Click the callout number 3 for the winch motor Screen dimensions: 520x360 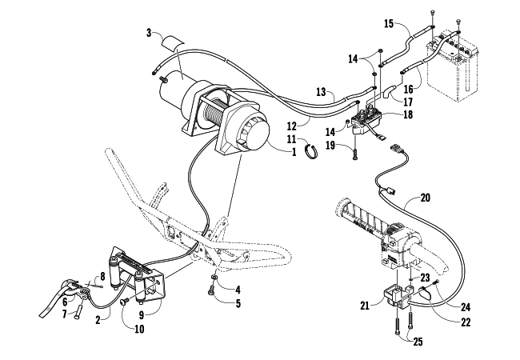[x=149, y=33]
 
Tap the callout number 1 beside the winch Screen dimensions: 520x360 [x=294, y=152]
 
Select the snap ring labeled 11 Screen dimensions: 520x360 [x=311, y=151]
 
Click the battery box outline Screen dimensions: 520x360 [x=453, y=66]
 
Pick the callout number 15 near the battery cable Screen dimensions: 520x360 [x=389, y=24]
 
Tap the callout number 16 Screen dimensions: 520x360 [x=409, y=89]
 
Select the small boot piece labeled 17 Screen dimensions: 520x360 [x=388, y=90]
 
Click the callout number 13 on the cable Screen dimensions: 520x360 [x=321, y=92]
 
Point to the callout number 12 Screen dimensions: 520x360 [x=291, y=126]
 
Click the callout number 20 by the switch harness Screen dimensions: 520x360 [x=425, y=198]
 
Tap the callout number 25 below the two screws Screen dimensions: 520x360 [x=418, y=342]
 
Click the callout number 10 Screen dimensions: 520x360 [x=140, y=329]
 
